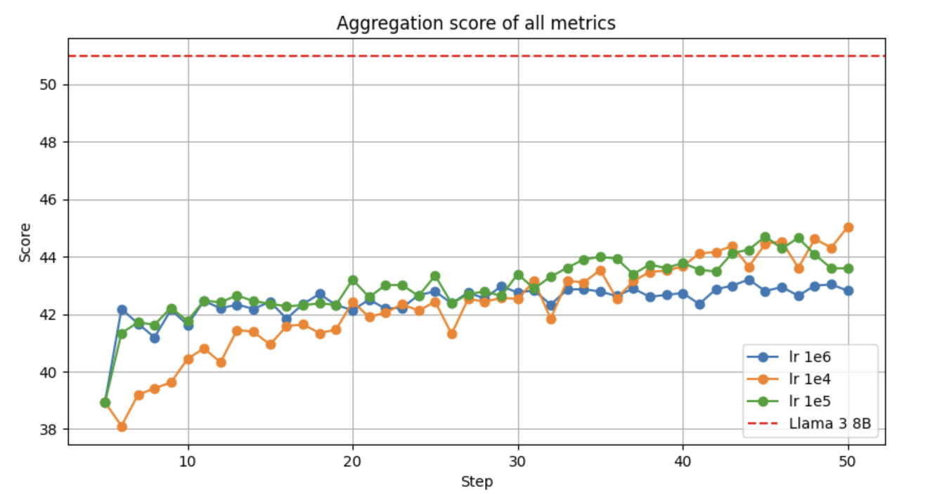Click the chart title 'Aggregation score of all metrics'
click(x=476, y=23)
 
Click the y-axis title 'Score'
click(x=25, y=242)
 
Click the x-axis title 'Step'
click(x=477, y=482)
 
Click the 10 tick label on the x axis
click(x=188, y=461)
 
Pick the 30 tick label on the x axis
click(x=518, y=461)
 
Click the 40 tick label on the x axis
click(x=683, y=461)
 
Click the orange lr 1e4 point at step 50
click(x=848, y=227)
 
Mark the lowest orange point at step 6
click(x=122, y=426)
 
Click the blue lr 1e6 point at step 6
click(x=122, y=310)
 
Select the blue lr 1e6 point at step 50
click(x=848, y=291)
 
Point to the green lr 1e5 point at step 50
click(x=848, y=268)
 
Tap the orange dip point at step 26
click(x=452, y=334)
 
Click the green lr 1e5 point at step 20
click(x=353, y=280)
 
